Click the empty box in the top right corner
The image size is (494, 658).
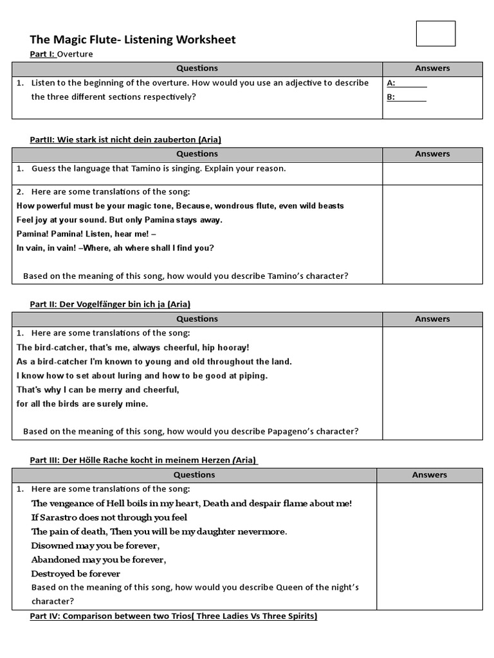[x=435, y=34]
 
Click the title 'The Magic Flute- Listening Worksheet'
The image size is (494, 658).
[x=133, y=40]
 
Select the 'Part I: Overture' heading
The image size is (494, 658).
[x=61, y=55]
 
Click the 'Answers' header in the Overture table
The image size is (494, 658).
[x=432, y=69]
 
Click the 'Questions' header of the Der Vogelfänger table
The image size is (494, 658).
[x=197, y=319]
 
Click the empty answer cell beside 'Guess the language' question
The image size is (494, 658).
[x=432, y=173]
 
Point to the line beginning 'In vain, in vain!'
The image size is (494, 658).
[x=115, y=248]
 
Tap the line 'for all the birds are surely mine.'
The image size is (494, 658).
[x=82, y=404]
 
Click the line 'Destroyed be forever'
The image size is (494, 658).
[x=76, y=574]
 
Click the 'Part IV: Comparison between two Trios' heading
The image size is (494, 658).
[x=174, y=616]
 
